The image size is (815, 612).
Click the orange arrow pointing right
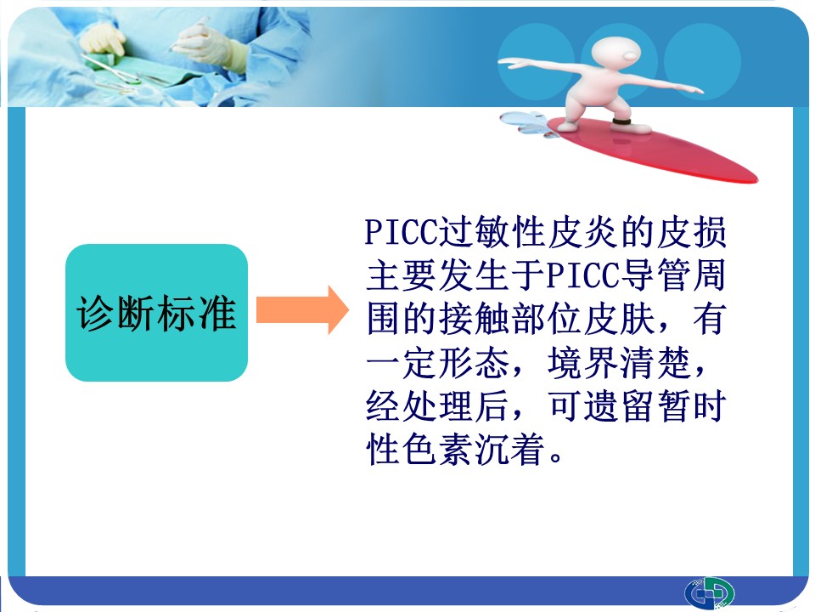[x=302, y=309]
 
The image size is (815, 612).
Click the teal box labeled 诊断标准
[x=156, y=312]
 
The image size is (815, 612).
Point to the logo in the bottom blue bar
[x=709, y=592]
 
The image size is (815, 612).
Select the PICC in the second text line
[x=583, y=275]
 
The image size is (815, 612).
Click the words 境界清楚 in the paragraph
[x=619, y=362]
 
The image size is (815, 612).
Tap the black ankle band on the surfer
[x=621, y=122]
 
